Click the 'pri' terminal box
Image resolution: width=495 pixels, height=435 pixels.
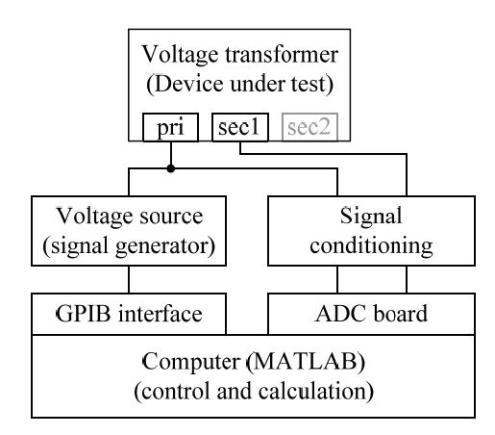click(x=172, y=126)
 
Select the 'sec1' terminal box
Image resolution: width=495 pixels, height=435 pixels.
click(x=235, y=126)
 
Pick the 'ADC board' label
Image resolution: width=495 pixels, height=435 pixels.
click(x=369, y=313)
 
